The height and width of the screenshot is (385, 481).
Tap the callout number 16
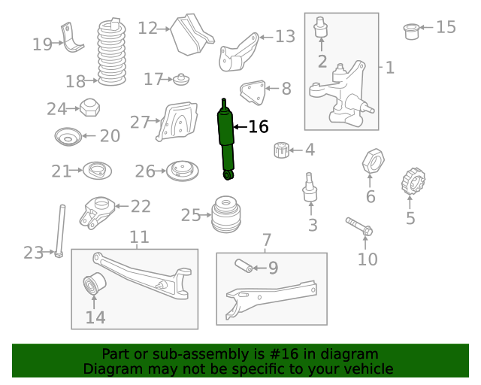tap(258, 127)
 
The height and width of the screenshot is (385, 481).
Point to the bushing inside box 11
tap(94, 287)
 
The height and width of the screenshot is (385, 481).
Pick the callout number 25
tap(190, 216)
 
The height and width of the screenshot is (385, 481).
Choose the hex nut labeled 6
tap(374, 162)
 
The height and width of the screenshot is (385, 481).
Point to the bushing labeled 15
tap(411, 30)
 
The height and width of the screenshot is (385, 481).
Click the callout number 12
tap(148, 29)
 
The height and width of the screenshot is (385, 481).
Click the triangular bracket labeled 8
tap(253, 94)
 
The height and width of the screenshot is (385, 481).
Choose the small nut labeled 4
tap(281, 150)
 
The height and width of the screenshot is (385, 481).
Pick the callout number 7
tap(266, 241)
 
